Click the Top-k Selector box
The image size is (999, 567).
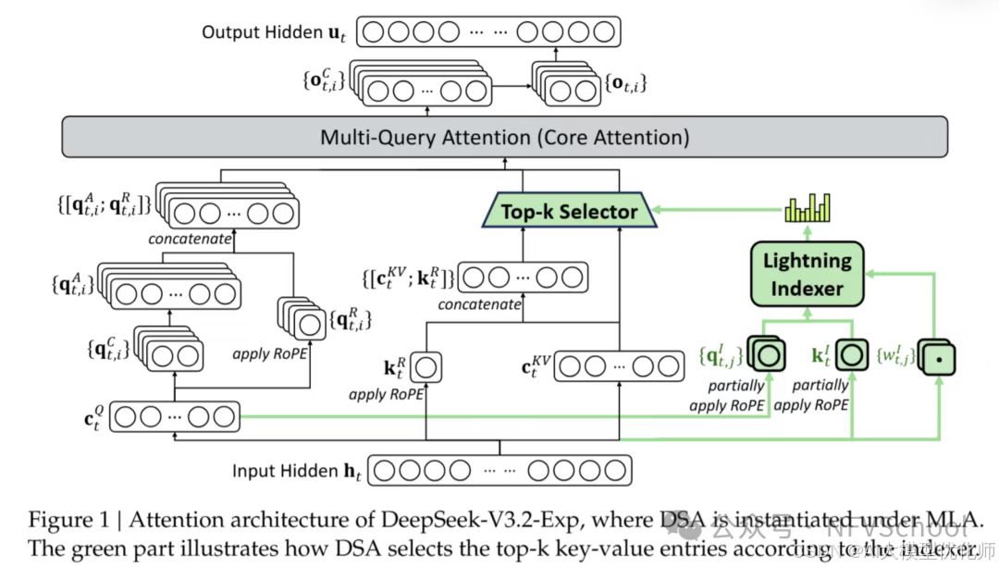pos(569,211)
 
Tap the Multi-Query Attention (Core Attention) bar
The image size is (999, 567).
pos(504,137)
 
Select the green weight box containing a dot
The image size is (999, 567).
pos(936,356)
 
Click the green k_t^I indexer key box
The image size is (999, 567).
pos(853,354)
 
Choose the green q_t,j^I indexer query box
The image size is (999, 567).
pos(767,354)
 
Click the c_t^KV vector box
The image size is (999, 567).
pos(605,367)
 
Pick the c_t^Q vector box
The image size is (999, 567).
pos(175,416)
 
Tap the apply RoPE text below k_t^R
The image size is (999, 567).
pos(386,395)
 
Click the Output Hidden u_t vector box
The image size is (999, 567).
pos(488,31)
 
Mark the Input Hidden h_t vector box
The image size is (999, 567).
pos(500,470)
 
